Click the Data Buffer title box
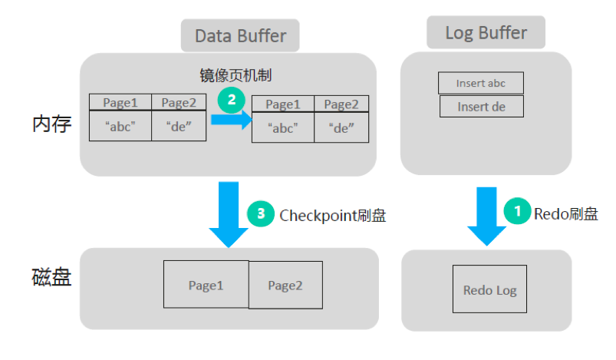pyautogui.click(x=240, y=35)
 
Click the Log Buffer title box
pyautogui.click(x=486, y=33)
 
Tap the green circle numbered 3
pyautogui.click(x=261, y=214)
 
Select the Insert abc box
pyautogui.click(x=481, y=83)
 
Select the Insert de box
pyautogui.click(x=481, y=106)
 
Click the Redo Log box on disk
pyautogui.click(x=489, y=289)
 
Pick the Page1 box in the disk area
pyautogui.click(x=206, y=285)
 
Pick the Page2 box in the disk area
pyautogui.click(x=285, y=286)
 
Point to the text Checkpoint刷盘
pyautogui.click(x=332, y=215)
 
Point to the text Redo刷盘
pyautogui.click(x=565, y=213)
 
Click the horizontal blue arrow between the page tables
pyautogui.click(x=230, y=120)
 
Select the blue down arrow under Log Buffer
pyautogui.click(x=486, y=216)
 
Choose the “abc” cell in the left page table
pyautogui.click(x=120, y=127)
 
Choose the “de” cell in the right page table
pyautogui.click(x=341, y=128)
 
